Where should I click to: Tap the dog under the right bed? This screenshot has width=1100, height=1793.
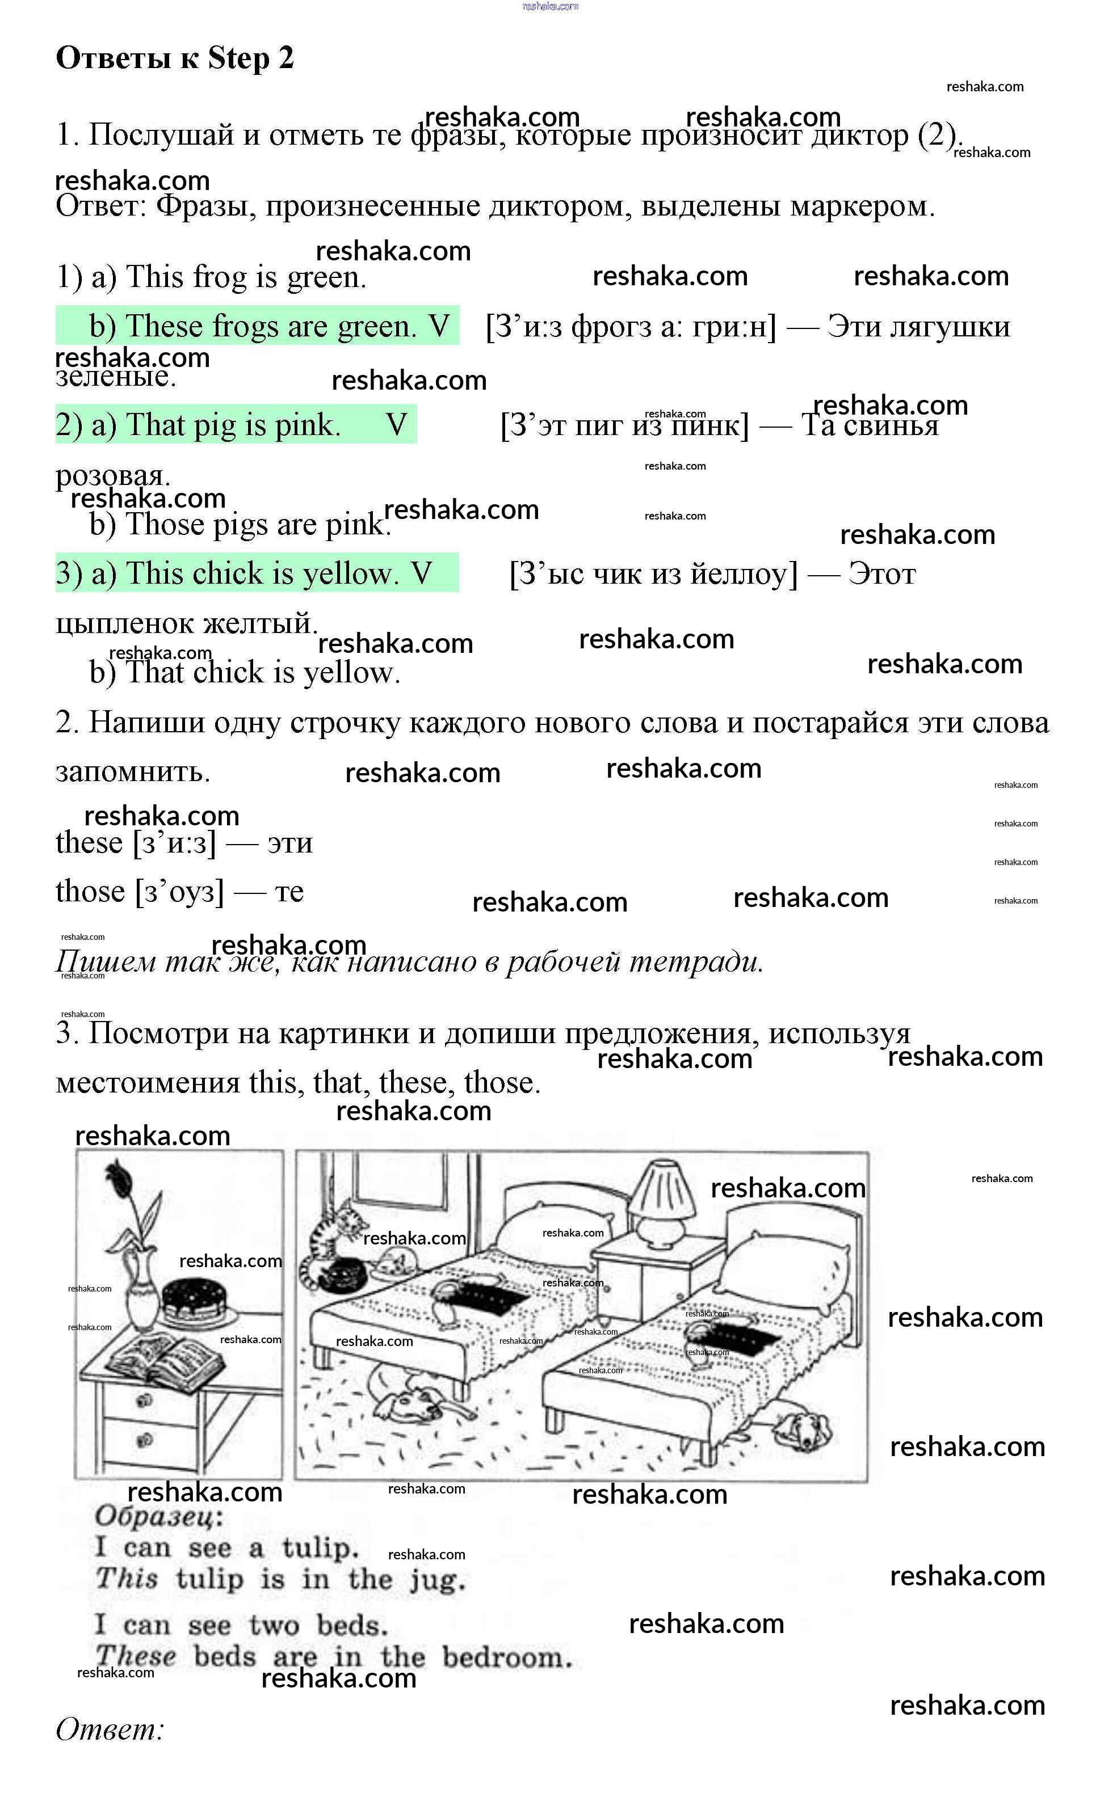(801, 1428)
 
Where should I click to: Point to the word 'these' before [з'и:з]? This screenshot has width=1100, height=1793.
(89, 843)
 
